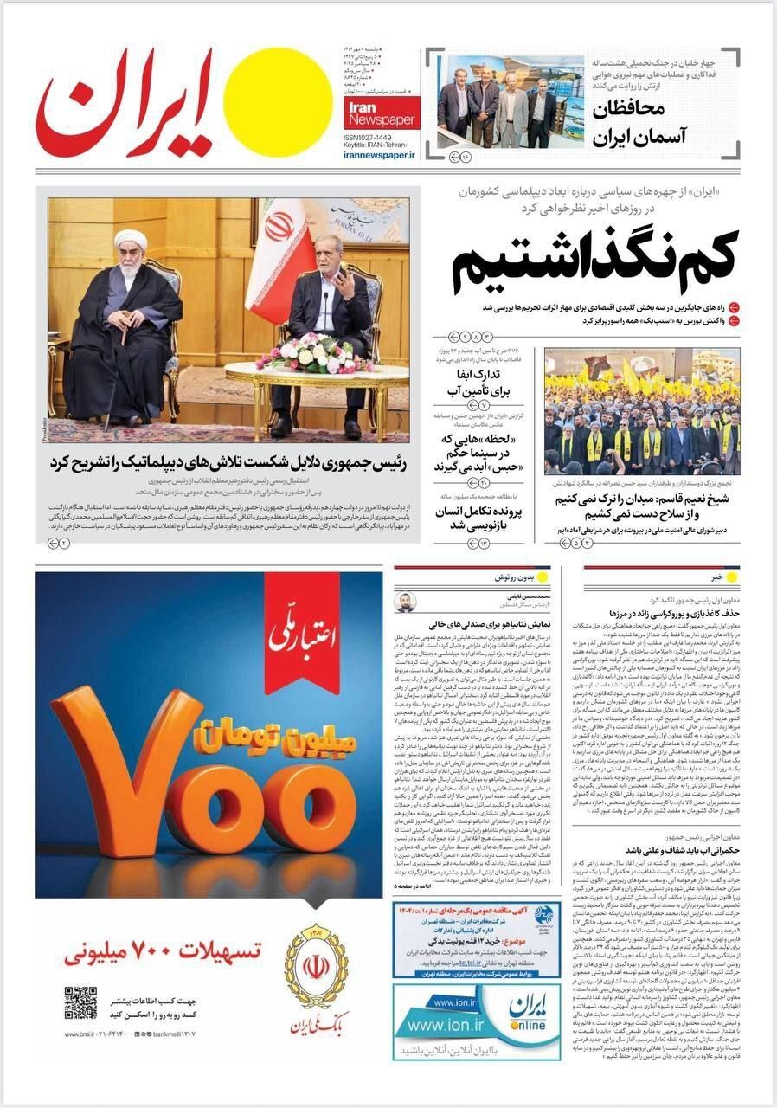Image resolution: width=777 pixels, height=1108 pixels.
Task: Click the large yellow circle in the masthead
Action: click(281, 101)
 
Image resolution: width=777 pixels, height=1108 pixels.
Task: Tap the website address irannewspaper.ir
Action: click(380, 155)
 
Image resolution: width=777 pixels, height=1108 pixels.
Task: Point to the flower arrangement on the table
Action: click(313, 353)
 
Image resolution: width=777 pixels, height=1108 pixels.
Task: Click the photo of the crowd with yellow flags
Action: click(641, 411)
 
